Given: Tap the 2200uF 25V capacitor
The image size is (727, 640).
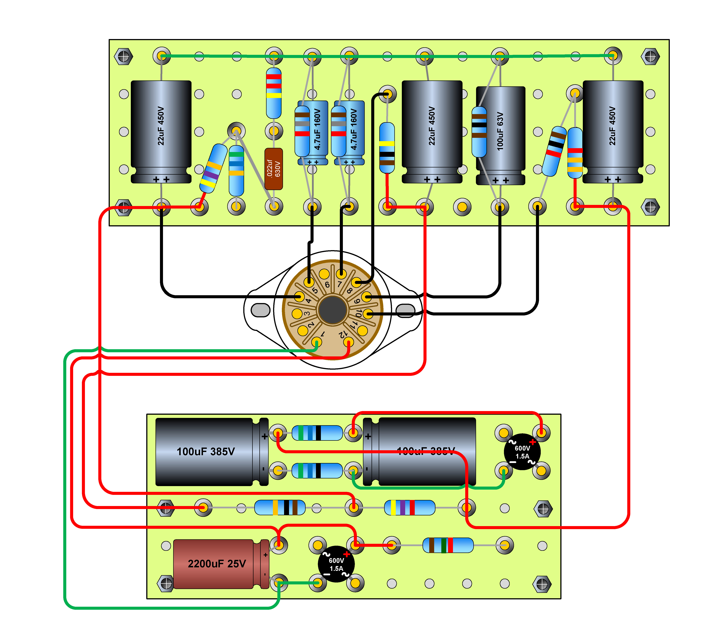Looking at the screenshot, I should click(217, 564).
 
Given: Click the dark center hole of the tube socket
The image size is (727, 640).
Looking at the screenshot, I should click(333, 310).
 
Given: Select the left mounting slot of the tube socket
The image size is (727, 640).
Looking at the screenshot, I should click(261, 310).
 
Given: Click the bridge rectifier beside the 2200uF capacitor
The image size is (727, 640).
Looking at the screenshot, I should click(336, 564).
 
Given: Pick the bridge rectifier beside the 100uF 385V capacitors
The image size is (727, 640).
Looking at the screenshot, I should click(522, 452).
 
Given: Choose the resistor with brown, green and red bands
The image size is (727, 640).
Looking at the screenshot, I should click(448, 545).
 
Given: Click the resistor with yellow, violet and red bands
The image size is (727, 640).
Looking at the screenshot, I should click(410, 508).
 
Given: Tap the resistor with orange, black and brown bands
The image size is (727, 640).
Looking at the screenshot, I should click(280, 508).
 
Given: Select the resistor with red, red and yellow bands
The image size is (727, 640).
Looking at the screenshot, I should click(274, 93).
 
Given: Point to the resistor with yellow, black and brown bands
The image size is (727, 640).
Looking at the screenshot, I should click(387, 148).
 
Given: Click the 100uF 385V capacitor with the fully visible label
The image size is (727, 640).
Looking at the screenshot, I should click(206, 452).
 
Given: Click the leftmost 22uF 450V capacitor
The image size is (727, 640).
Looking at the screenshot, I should click(161, 132).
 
